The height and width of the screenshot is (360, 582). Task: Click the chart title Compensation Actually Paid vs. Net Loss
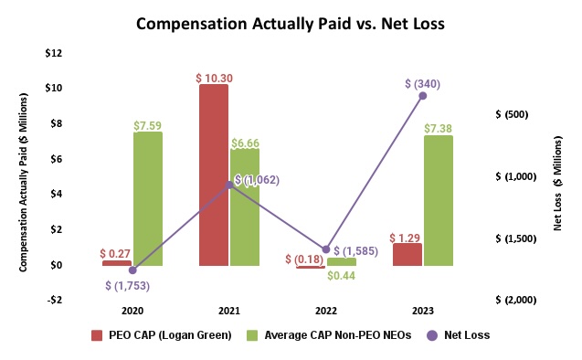coord(290,24)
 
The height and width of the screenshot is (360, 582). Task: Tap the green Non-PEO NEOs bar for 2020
coord(148,198)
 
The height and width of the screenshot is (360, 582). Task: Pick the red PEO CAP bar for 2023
coord(407,254)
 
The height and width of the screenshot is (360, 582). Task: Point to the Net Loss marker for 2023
coord(422,95)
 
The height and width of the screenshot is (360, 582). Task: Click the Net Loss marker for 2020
coord(132,270)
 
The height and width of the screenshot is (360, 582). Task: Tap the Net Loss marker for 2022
coord(325,249)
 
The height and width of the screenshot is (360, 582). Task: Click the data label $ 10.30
coord(214,78)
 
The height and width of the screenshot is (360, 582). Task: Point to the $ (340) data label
coord(422,83)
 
